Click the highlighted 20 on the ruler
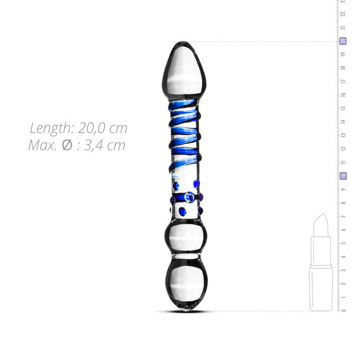(343, 41)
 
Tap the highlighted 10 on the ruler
(343, 176)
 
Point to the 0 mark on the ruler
(343, 310)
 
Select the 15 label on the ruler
(343, 108)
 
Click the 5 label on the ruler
(343, 242)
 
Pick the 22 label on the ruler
(343, 14)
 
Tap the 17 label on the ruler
(343, 81)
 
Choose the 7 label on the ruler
(343, 216)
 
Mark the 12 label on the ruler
(343, 149)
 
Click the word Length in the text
(51, 128)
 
